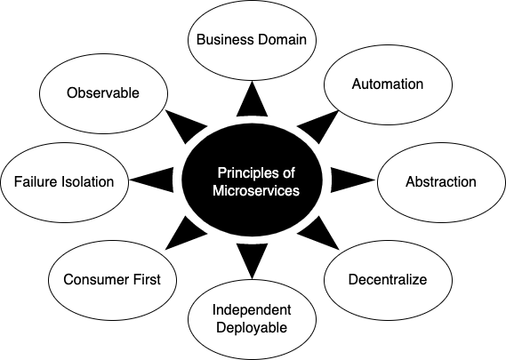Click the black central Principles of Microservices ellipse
click(252, 180)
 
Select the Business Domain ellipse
click(252, 39)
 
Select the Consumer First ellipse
click(112, 279)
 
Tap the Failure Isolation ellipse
click(64, 181)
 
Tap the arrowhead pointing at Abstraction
click(345, 181)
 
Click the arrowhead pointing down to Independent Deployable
click(252, 260)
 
